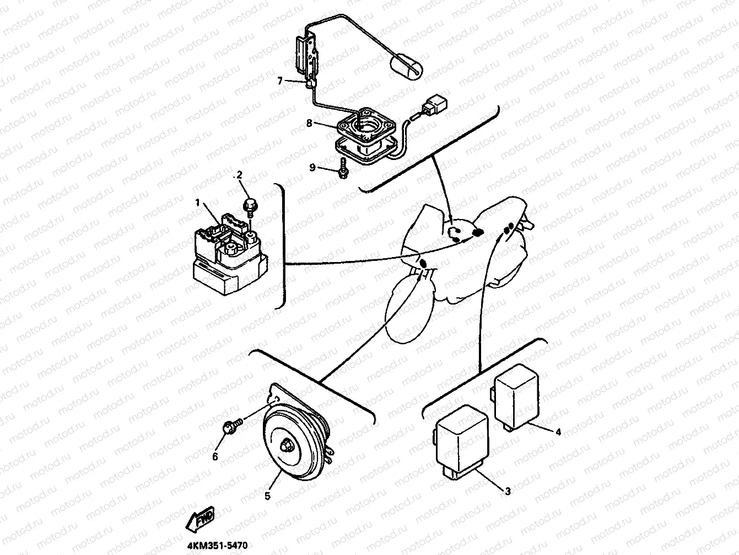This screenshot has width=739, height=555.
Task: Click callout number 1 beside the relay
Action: (x=197, y=203)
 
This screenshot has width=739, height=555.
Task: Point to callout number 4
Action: (x=558, y=433)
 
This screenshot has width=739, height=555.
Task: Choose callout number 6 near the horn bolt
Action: (x=215, y=457)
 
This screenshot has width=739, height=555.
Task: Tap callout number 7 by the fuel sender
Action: (x=280, y=81)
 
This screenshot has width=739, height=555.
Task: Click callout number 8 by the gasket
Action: (x=310, y=123)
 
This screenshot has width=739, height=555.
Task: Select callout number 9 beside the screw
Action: (x=312, y=168)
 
